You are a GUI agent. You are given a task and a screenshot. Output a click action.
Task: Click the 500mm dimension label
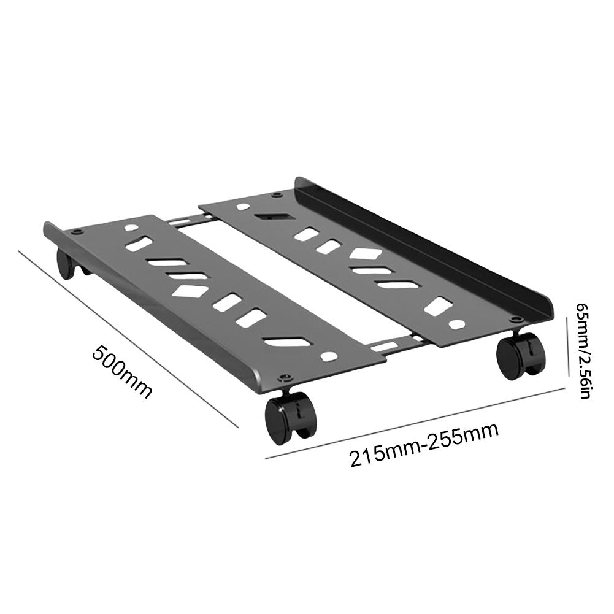click(121, 372)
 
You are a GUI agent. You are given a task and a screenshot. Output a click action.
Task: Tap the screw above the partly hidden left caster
click(76, 232)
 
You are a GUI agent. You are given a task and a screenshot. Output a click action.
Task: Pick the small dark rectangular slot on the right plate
click(266, 217)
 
